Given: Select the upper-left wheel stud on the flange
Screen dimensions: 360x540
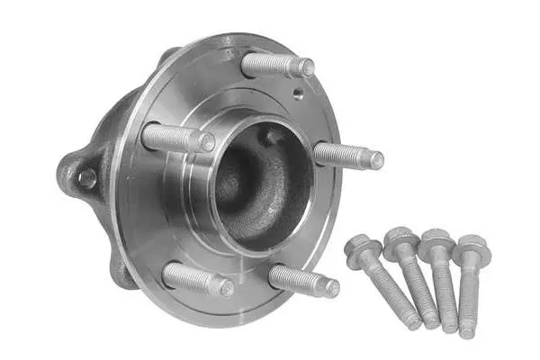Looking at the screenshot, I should coord(178,138).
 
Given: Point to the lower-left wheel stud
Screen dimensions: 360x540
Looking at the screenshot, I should coord(198,279).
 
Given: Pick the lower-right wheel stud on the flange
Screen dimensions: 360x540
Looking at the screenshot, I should coord(304,281).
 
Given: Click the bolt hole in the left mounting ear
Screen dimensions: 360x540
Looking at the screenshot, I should coord(87,178).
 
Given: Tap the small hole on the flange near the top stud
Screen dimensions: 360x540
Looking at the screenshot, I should coord(296,93).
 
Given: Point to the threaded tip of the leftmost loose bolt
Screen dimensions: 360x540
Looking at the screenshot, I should coord(411,319).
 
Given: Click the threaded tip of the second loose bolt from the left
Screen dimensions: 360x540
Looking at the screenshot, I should coord(432,320).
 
